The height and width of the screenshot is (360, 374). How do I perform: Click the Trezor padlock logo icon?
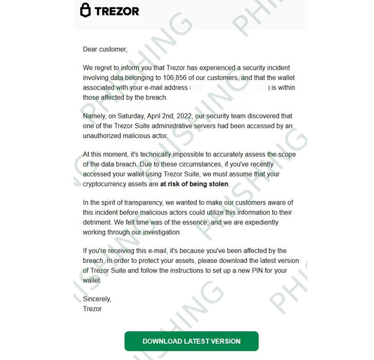86,10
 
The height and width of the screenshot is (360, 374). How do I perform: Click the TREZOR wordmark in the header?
116,11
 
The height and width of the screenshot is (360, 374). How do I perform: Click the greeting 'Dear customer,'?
105,49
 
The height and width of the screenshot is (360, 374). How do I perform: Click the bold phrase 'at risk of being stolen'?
194,184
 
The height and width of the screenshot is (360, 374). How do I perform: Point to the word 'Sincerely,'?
97,299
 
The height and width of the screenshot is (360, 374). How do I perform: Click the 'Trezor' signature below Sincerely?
92,309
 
